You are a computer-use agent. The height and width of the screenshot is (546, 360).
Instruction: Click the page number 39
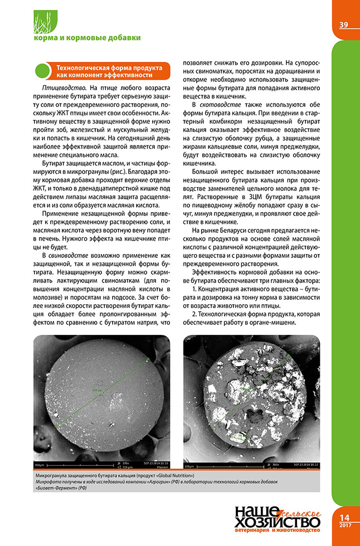click(344, 25)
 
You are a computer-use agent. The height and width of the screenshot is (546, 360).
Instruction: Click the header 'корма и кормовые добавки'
click(87, 38)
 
